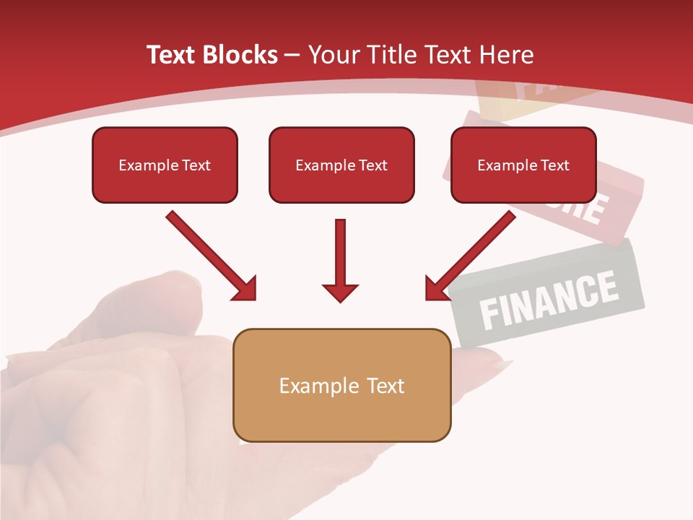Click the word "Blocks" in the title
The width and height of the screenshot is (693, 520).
tap(241, 55)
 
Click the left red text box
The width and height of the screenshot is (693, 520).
tap(165, 165)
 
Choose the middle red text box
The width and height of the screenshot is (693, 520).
tap(341, 165)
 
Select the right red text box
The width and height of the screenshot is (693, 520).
tap(523, 165)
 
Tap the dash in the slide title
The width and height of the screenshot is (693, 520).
tap(293, 56)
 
